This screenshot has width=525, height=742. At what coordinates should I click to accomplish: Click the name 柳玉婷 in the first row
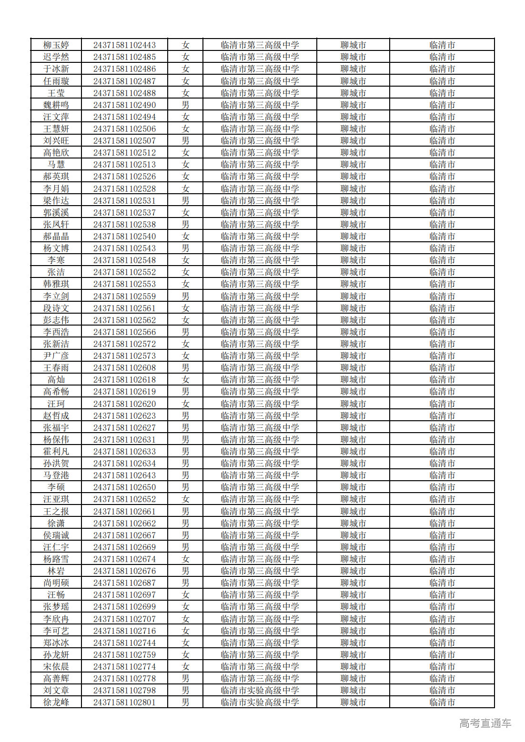56,45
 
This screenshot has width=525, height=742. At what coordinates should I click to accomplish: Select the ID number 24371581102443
124,45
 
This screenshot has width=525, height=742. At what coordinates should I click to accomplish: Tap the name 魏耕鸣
56,105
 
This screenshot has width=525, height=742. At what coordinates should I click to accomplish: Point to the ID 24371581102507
124,141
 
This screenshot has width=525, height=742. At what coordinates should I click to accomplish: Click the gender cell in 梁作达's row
185,201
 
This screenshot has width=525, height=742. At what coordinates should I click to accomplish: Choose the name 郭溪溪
56,213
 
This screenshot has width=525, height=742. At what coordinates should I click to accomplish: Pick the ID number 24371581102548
124,260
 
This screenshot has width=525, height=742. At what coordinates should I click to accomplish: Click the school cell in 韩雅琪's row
260,284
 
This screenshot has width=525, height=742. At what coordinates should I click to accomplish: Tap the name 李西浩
56,332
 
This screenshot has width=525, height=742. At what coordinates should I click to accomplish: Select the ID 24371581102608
124,368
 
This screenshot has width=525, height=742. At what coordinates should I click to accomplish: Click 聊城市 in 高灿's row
353,380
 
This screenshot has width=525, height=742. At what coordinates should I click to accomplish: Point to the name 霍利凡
56,452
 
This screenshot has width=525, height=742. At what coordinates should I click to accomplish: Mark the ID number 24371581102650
124,487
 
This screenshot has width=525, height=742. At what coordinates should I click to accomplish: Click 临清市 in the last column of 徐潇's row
442,524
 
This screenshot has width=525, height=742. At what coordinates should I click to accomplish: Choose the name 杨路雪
56,559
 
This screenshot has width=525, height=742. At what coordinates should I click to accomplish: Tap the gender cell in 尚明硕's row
185,583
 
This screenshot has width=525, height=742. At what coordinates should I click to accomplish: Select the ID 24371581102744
124,643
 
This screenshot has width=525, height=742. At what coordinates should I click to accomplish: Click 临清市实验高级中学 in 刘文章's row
260,691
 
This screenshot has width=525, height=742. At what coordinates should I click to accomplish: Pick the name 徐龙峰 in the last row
56,702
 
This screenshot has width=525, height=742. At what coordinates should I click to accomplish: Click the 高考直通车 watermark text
485,723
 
